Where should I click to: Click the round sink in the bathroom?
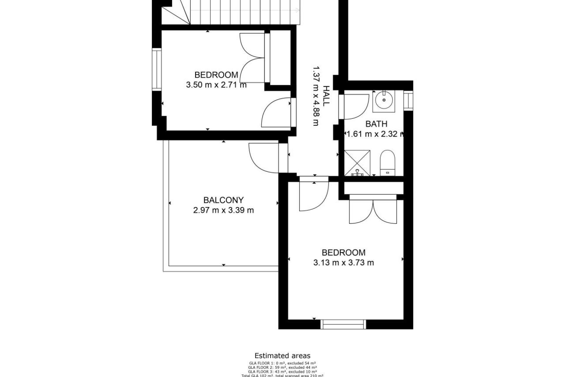coord(384,100)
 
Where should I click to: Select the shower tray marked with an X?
coord(357,163)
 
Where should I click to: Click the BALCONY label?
coord(223,200)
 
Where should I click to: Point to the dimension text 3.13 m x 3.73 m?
coord(343,262)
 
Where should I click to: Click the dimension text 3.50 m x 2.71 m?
coord(216,85)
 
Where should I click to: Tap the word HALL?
coord(326,96)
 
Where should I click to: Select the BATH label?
coord(376,124)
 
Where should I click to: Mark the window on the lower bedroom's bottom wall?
coord(343,324)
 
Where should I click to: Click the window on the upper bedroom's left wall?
coord(157,70)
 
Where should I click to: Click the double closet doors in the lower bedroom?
coord(373,211)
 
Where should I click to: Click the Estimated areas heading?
coord(282,356)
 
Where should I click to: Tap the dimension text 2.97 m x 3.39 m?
coord(223,210)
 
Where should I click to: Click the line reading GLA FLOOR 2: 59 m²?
coord(282,368)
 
